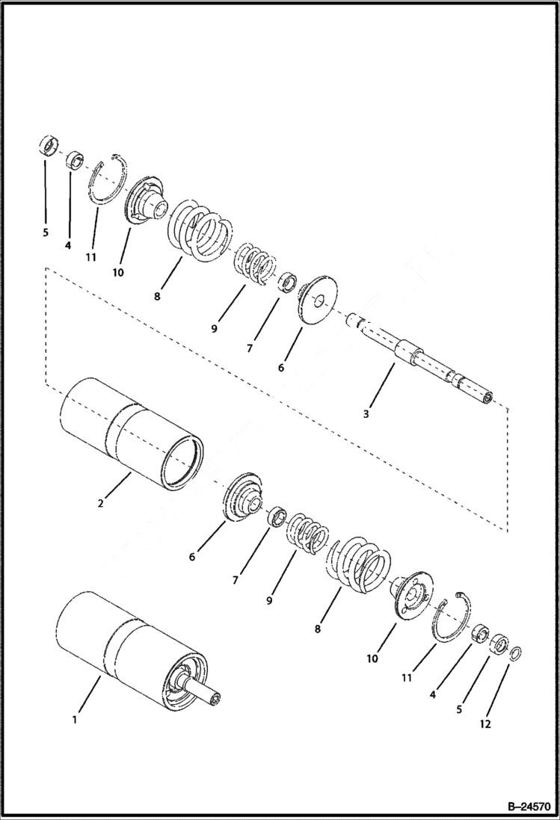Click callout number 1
tap(74, 719)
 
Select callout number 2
tap(100, 503)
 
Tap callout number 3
tap(366, 413)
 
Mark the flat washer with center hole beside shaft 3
tap(319, 302)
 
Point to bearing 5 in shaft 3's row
tap(48, 145)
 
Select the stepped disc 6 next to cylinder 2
tap(244, 496)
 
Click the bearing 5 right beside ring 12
tap(498, 644)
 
